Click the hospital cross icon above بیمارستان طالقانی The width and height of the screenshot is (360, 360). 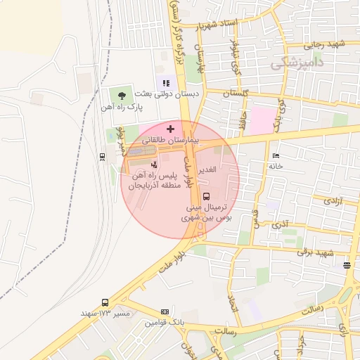(169, 129)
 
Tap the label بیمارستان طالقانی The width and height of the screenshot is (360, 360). (169, 141)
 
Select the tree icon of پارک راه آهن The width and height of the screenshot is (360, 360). (123, 95)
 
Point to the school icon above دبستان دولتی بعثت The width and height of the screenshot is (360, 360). (167, 84)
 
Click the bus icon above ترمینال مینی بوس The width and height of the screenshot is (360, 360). (206, 197)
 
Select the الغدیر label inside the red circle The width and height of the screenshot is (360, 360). (210, 171)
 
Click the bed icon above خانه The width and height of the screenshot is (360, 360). (276, 155)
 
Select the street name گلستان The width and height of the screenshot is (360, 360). (236, 94)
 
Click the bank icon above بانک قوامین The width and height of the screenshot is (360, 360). (165, 311)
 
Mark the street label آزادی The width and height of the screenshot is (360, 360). (333, 201)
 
